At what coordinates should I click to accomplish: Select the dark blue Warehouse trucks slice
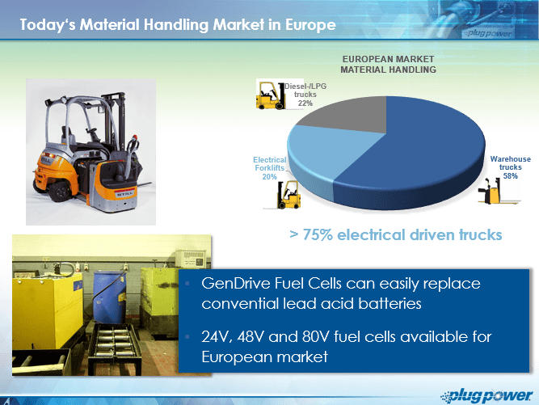[423, 154]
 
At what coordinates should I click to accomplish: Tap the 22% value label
[305, 103]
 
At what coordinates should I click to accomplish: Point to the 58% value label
[511, 175]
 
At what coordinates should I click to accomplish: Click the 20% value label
[270, 177]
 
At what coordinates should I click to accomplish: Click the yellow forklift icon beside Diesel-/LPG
[271, 95]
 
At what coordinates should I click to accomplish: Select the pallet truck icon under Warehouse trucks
[499, 191]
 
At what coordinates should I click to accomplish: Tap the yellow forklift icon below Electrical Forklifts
[288, 195]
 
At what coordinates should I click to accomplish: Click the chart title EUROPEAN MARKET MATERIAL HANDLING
[388, 65]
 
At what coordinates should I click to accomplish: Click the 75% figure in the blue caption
[318, 234]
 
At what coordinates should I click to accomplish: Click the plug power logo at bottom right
[486, 396]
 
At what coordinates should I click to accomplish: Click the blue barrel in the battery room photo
[109, 297]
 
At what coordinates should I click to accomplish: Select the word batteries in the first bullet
[390, 304]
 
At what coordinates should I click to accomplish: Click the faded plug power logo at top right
[489, 33]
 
